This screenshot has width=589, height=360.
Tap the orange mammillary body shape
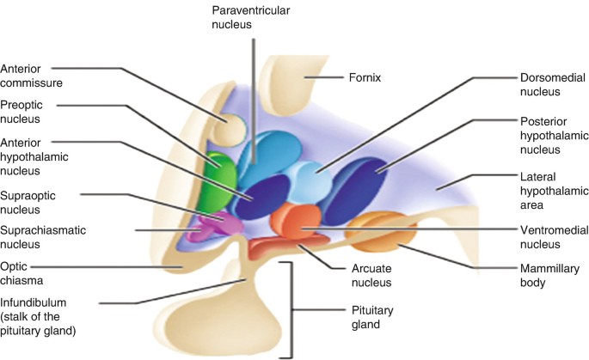381,229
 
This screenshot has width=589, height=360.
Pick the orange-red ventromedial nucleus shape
295,221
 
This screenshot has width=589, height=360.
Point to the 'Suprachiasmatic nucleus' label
37,238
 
